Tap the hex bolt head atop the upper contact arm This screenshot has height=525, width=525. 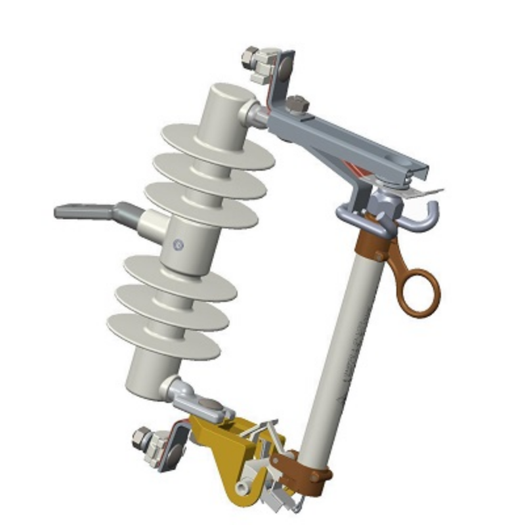tap(297, 104)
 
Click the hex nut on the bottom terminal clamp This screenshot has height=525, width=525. tap(141, 437)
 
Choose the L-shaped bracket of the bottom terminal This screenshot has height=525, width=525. tap(174, 446)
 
